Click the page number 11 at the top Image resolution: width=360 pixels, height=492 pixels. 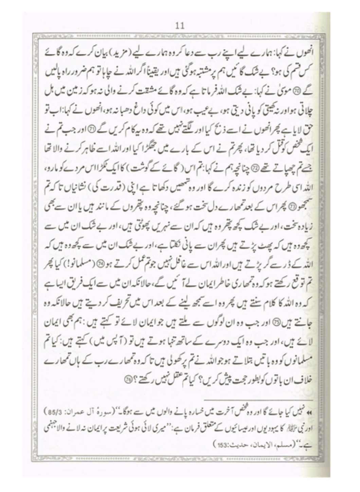click(x=180, y=26)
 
